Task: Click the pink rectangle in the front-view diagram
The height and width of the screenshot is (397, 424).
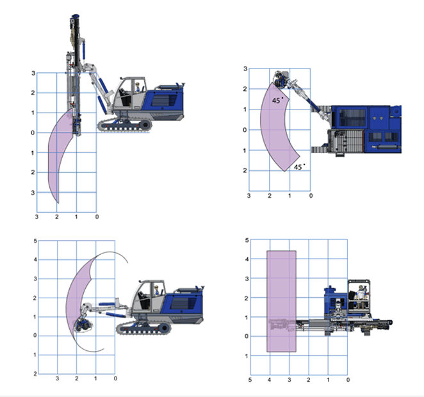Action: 281,302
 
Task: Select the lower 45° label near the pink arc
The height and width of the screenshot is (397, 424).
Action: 299,167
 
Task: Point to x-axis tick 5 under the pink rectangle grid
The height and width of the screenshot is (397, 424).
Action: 250,380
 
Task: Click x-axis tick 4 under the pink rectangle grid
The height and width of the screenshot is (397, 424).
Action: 269,380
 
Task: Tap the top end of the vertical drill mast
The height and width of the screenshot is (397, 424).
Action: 75,15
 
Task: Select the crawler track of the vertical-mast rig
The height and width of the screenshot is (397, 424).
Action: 125,125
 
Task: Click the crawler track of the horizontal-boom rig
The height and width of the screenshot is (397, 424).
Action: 143,328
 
